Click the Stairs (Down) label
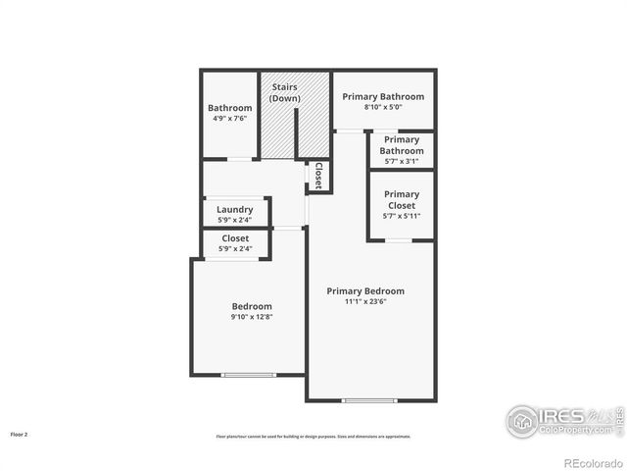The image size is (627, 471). [285, 92]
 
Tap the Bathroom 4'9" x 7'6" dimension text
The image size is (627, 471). [229, 119]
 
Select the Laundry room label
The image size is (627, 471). [235, 209]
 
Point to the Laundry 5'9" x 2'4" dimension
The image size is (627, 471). [235, 219]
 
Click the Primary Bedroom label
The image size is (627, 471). [365, 290]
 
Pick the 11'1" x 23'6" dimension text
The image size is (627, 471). [365, 302]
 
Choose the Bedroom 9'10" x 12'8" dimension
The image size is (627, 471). [252, 317]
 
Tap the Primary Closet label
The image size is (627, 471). [401, 200]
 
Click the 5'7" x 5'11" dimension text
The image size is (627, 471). [401, 216]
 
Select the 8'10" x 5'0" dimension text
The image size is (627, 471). [382, 108]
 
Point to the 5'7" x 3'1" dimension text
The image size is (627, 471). [402, 162]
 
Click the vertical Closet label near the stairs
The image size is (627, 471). [318, 175]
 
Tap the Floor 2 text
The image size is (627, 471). [20, 434]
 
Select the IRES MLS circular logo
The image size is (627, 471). [522, 420]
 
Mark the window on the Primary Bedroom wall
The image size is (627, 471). [369, 400]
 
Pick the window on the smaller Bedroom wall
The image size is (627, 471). [249, 375]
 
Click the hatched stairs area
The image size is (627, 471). [294, 128]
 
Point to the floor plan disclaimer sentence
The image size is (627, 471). [313, 437]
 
